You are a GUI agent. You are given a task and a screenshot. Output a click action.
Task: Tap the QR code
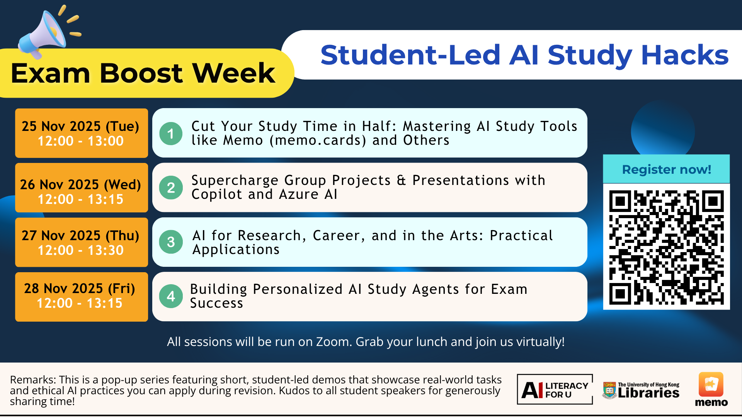coord(666,247)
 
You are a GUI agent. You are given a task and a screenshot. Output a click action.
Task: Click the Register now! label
coord(666,169)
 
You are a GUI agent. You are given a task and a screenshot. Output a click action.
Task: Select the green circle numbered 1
coord(171,134)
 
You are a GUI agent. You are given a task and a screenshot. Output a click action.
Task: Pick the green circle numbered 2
coord(171,188)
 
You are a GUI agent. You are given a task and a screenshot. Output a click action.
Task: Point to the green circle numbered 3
coord(171,242)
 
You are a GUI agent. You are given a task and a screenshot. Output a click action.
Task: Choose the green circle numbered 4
coord(171,296)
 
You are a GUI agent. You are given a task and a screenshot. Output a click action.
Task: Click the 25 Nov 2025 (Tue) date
coord(80,126)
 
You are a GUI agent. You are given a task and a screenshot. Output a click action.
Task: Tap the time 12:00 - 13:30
coord(80,250)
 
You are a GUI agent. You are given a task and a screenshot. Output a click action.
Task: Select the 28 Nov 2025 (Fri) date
coord(80,288)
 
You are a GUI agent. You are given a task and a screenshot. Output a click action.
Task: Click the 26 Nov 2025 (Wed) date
coord(80,185)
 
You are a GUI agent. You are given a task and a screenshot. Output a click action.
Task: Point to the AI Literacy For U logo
coord(555,389)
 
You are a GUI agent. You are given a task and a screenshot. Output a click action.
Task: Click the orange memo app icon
coord(711,385)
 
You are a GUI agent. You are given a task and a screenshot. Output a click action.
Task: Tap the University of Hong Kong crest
coord(609,390)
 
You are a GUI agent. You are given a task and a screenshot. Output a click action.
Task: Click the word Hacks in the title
coord(685,55)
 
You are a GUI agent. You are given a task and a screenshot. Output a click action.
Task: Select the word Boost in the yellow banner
coord(141,73)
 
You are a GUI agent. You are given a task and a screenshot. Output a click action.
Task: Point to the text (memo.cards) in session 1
coord(318,140)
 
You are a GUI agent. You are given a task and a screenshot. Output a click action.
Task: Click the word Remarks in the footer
coord(32,380)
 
